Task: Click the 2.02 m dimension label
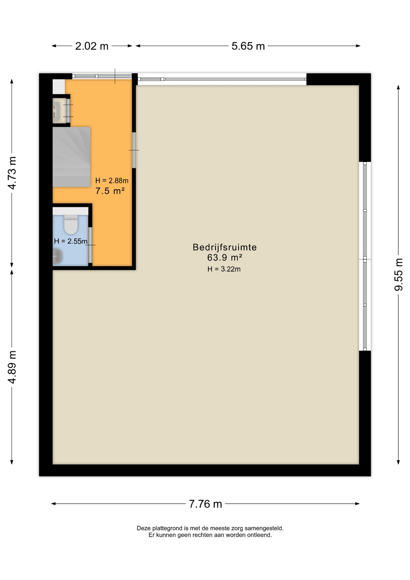[x=92, y=46]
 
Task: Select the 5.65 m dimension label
[x=248, y=46]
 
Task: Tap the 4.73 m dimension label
[x=12, y=173]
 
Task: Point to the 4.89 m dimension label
[x=12, y=367]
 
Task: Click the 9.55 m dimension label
[x=399, y=275]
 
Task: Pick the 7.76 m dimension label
[x=205, y=504]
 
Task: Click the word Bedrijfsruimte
[x=225, y=247]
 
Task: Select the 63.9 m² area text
[x=225, y=257]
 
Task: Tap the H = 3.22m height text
[x=224, y=269]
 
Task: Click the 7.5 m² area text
[x=110, y=191]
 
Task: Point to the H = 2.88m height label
[x=112, y=181]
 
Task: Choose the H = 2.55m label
[x=71, y=241]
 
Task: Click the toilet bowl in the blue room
[x=71, y=224]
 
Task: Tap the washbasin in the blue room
[x=57, y=256]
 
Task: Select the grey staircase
[x=72, y=157]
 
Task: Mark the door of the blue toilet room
[x=90, y=245]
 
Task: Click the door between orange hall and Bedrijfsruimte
[x=134, y=150]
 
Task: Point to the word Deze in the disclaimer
[x=143, y=528]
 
